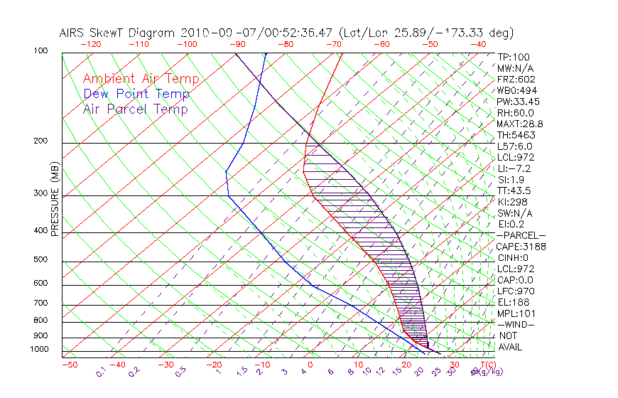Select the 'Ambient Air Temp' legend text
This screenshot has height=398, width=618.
click(141, 79)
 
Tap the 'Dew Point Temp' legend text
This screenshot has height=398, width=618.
click(136, 94)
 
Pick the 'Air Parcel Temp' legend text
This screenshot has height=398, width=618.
click(135, 109)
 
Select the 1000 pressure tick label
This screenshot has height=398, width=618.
click(40, 349)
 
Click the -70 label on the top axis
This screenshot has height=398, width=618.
click(333, 44)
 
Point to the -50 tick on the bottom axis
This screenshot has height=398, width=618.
click(69, 365)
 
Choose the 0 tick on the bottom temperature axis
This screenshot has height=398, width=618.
click(310, 365)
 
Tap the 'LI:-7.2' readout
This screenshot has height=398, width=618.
click(514, 168)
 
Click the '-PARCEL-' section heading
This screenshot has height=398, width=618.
click(521, 235)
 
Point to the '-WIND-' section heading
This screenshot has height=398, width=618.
click(516, 324)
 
